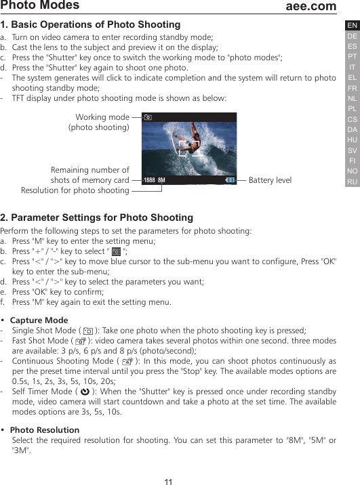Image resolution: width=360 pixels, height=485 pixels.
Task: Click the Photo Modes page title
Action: (40, 6)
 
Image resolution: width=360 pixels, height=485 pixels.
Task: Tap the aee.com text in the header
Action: (311, 6)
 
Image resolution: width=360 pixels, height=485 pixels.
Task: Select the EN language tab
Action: (352, 26)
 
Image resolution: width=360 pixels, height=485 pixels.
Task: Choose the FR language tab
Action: (352, 88)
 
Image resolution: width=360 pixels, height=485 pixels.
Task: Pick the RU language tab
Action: (352, 182)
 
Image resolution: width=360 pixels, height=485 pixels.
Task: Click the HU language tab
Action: (352, 140)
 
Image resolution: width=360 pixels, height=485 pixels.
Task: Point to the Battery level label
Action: (270, 180)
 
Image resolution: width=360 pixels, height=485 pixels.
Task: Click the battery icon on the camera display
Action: (231, 180)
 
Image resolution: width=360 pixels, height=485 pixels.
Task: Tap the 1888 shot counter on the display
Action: (148, 180)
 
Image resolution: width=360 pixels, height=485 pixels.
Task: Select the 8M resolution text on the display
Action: (161, 180)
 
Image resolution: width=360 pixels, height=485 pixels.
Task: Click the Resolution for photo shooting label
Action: (75, 190)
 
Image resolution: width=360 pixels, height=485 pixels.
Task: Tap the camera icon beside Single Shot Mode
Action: (88, 331)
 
